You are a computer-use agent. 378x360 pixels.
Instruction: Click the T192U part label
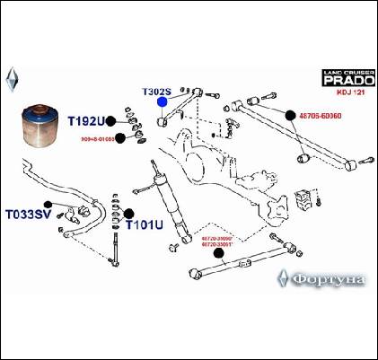click(x=84, y=121)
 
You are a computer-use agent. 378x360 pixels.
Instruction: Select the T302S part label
click(x=163, y=91)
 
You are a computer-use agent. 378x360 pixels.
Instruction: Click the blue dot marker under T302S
click(x=163, y=102)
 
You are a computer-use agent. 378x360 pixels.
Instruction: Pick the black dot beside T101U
click(x=128, y=213)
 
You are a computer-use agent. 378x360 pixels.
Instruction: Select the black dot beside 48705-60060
click(x=291, y=115)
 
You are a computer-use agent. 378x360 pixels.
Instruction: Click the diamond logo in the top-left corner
click(x=12, y=77)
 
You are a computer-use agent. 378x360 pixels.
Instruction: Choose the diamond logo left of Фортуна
click(x=285, y=277)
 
